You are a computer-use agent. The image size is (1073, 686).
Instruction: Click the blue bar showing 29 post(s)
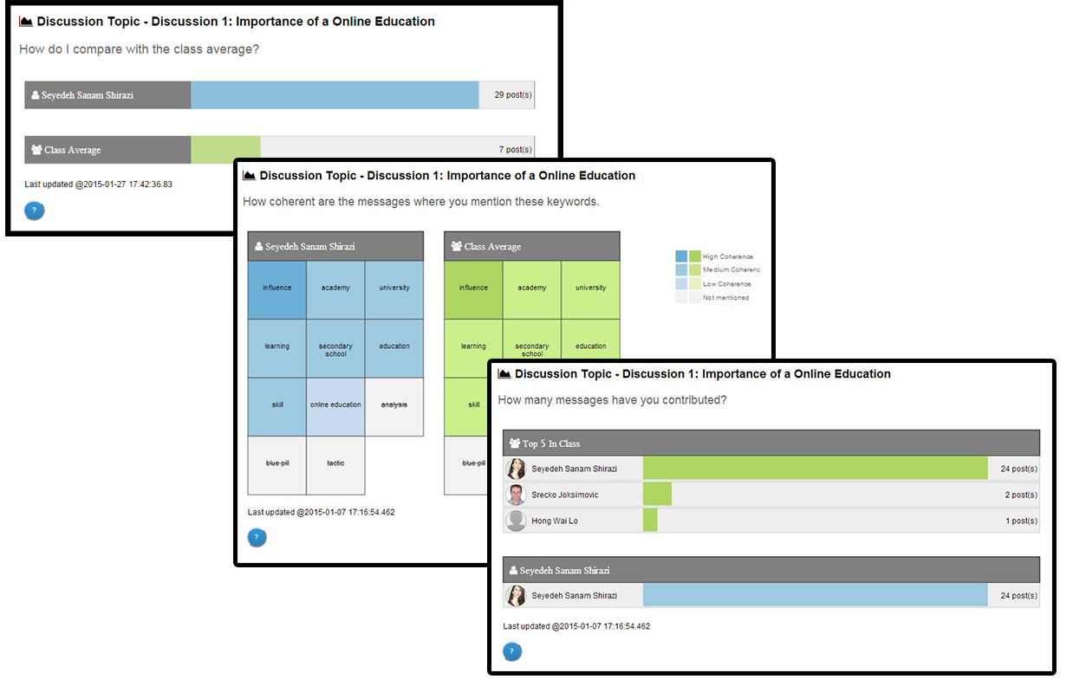pyautogui.click(x=335, y=95)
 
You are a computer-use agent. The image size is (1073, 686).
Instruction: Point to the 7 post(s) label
pyautogui.click(x=515, y=150)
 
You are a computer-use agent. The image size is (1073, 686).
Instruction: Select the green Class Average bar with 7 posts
pyautogui.click(x=225, y=150)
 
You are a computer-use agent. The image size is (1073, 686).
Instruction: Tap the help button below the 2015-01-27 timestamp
pyautogui.click(x=34, y=210)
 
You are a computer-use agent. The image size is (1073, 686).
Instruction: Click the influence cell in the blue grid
pyautogui.click(x=277, y=288)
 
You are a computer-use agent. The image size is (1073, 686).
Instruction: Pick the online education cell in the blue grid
pyautogui.click(x=335, y=405)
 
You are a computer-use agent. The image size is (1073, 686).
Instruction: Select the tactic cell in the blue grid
pyautogui.click(x=335, y=463)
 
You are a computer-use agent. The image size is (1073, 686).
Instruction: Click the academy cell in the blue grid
pyautogui.click(x=335, y=288)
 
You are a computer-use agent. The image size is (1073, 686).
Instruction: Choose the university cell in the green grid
pyautogui.click(x=590, y=288)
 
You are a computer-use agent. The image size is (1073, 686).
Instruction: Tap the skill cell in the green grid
pyautogui.click(x=473, y=405)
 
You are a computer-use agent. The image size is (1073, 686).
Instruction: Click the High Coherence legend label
pyautogui.click(x=728, y=257)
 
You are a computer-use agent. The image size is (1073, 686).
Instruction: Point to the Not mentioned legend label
pyautogui.click(x=726, y=298)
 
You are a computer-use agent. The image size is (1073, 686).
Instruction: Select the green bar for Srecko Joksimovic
pyautogui.click(x=657, y=495)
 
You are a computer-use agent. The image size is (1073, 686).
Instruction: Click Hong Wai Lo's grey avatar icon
pyautogui.click(x=517, y=521)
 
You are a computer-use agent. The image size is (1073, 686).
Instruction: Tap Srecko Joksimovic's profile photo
pyautogui.click(x=517, y=495)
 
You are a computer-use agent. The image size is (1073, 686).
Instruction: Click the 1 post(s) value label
pyautogui.click(x=1021, y=521)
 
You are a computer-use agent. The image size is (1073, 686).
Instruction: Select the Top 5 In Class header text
pyautogui.click(x=551, y=443)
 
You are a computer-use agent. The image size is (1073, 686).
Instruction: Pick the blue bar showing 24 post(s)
pyautogui.click(x=815, y=595)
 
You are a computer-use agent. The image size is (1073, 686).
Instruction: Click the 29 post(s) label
pyautogui.click(x=513, y=95)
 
